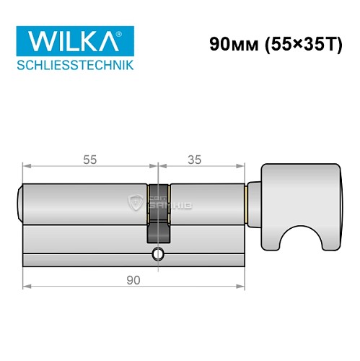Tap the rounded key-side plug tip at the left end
click(19, 204)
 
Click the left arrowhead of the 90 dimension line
click(27, 285)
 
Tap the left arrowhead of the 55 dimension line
click(27, 169)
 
